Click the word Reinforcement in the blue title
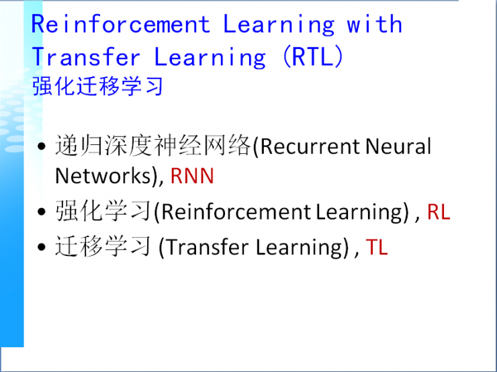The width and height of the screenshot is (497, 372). click(121, 25)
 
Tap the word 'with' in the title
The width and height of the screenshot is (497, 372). click(374, 25)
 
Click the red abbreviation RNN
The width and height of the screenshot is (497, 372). click(192, 176)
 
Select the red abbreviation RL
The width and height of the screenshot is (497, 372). click(439, 212)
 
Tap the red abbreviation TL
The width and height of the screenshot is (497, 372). click(377, 247)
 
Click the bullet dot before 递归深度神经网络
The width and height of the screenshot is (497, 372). click(42, 147)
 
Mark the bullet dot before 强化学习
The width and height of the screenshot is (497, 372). click(42, 213)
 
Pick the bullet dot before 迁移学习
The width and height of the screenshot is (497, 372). click(42, 248)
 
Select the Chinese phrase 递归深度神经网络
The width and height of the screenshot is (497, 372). click(152, 146)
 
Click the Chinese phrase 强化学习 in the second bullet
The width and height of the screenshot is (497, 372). click(104, 212)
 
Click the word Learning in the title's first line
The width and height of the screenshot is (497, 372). click(279, 25)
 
